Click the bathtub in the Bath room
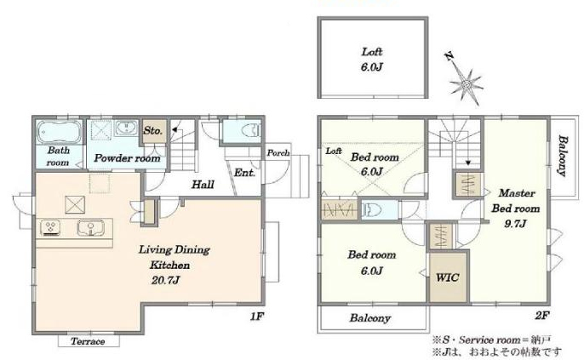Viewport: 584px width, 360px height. click(x=59, y=132)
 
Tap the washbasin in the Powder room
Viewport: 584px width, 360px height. click(x=126, y=128)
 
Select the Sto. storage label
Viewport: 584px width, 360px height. click(x=152, y=131)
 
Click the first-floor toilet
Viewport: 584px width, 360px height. click(x=250, y=131)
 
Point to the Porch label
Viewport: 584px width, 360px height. click(x=278, y=152)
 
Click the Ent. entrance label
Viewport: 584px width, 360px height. click(x=244, y=173)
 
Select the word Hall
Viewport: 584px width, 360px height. click(x=203, y=185)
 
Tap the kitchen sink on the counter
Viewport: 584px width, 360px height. click(x=90, y=228)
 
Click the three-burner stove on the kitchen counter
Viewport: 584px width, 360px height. click(x=50, y=228)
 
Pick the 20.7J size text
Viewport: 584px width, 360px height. click(x=165, y=280)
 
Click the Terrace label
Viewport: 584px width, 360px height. click(x=88, y=341)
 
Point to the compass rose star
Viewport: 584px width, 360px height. click(x=466, y=86)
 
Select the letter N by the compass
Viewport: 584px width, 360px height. click(x=449, y=56)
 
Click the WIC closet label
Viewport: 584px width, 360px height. click(x=447, y=277)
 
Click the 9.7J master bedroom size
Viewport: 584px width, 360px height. click(x=515, y=224)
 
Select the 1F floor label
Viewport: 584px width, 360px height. click(x=257, y=317)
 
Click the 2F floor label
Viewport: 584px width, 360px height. click(x=542, y=316)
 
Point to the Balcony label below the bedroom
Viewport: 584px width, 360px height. click(x=370, y=318)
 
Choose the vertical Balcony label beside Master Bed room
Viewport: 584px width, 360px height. click(x=563, y=156)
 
